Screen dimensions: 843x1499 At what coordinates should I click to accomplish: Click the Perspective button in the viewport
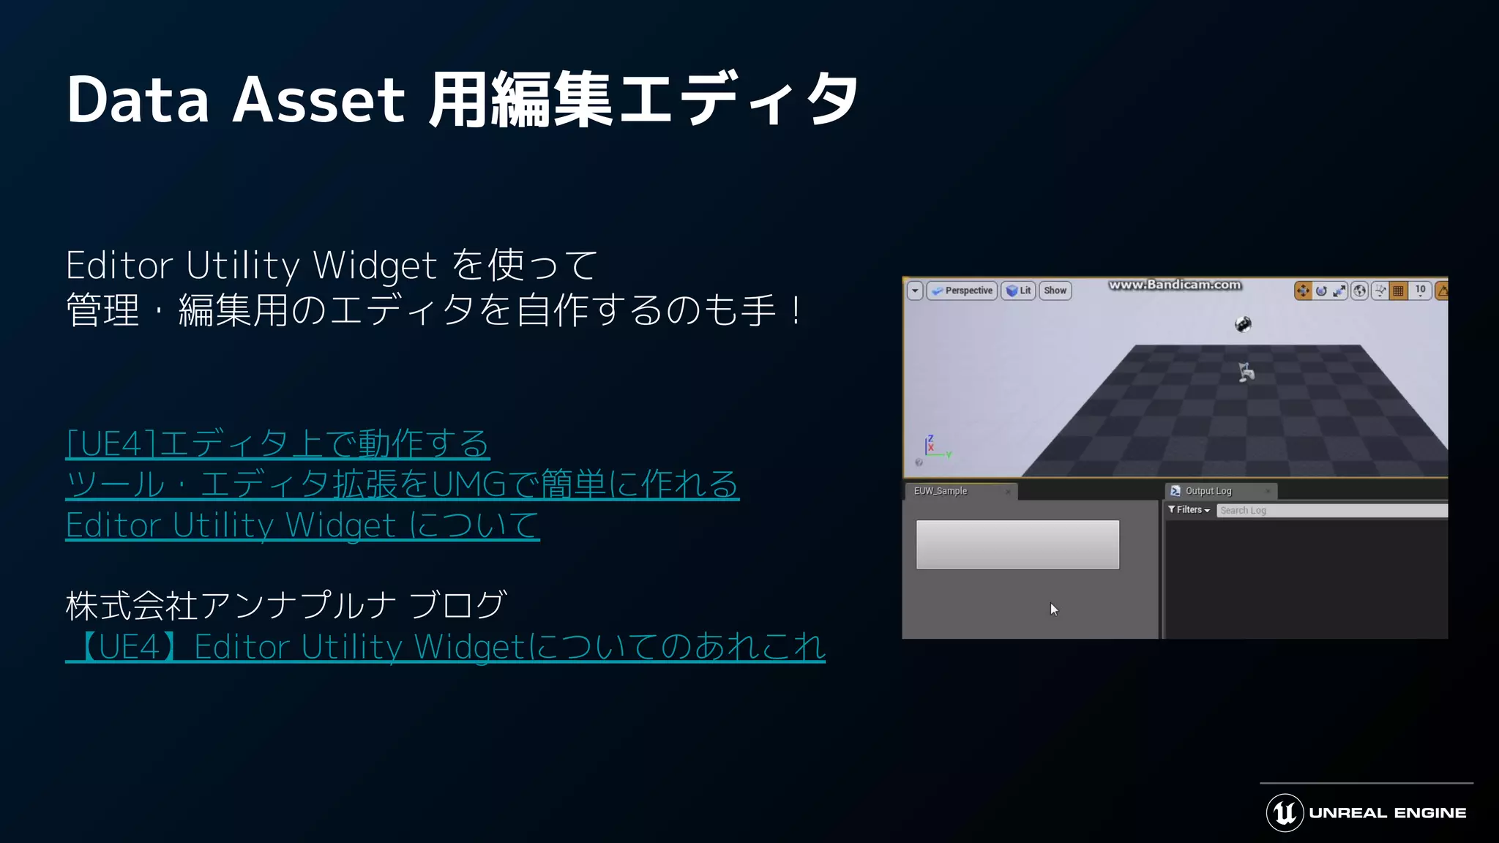[962, 291]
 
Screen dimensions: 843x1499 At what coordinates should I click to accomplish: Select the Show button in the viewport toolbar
[1055, 291]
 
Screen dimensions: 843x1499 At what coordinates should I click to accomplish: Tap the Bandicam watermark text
[1175, 285]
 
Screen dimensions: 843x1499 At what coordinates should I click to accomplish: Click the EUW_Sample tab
[941, 491]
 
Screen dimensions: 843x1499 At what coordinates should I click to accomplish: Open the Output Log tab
[1208, 491]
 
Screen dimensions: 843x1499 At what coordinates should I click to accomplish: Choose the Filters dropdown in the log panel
[1189, 510]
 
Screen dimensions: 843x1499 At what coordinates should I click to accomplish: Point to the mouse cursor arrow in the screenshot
[1053, 609]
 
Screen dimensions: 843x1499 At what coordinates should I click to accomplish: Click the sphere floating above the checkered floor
[1243, 324]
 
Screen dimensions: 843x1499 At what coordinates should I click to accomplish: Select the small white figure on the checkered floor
[1246, 372]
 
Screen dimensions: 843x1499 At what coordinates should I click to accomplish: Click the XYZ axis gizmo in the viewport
[932, 446]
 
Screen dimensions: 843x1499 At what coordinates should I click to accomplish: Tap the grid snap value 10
[1420, 291]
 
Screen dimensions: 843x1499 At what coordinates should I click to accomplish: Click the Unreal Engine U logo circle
[1285, 812]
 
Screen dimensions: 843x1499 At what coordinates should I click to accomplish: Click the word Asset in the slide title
[318, 100]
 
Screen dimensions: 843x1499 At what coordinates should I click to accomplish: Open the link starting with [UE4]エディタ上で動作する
[277, 444]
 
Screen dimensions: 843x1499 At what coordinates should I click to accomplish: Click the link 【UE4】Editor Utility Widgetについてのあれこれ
[446, 647]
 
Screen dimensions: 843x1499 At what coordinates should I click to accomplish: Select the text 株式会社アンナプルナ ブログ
[285, 606]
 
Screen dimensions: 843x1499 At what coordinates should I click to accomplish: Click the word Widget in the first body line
[375, 266]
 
